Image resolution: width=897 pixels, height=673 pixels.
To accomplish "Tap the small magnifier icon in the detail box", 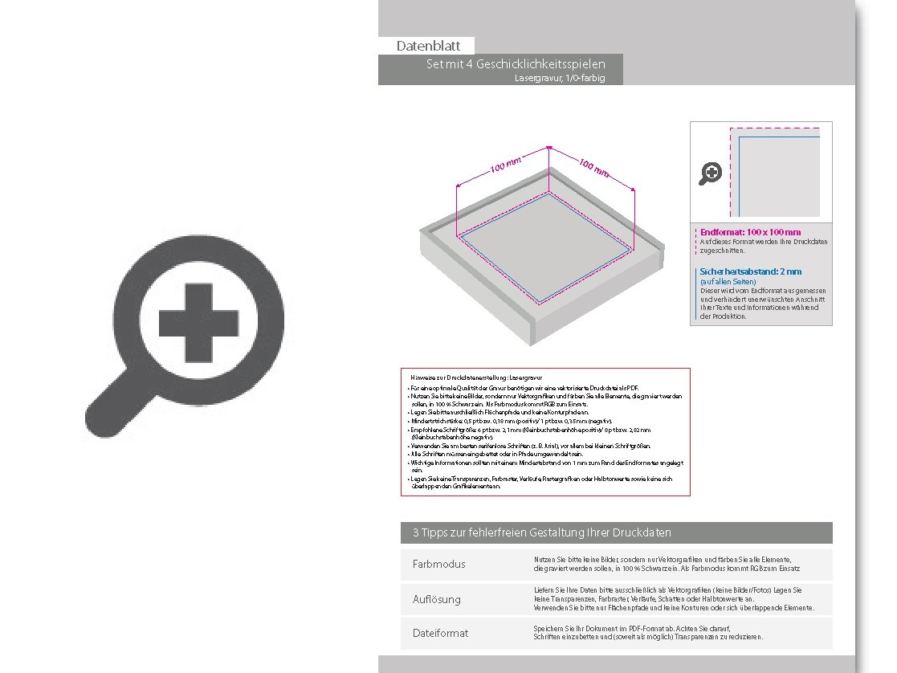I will (710, 173).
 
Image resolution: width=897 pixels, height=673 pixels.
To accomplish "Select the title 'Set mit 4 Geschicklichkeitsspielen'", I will (516, 64).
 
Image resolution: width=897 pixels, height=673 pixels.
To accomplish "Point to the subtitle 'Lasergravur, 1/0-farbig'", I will (560, 79).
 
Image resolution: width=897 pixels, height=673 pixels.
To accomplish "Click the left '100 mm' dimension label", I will (506, 166).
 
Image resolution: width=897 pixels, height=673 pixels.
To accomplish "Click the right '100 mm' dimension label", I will (593, 168).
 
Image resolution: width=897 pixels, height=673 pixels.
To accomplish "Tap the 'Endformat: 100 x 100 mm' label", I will (750, 233).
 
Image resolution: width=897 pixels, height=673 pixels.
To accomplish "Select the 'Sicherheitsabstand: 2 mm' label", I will (751, 272).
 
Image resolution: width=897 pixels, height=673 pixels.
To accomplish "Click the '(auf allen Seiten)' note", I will (728, 282).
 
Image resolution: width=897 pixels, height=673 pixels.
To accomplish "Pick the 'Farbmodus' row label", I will (439, 565).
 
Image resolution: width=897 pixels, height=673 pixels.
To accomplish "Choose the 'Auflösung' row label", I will (437, 599).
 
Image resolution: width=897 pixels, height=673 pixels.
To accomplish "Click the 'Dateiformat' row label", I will (440, 634).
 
